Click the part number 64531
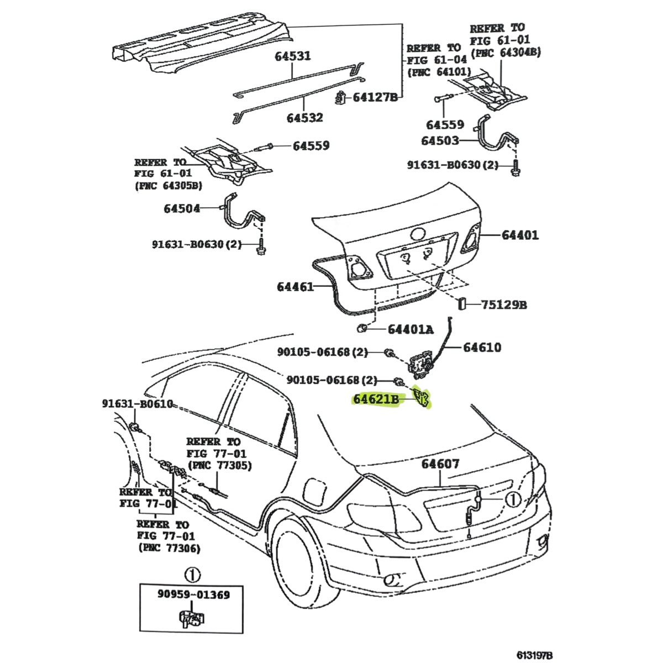pos(293,56)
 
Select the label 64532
pos(304,118)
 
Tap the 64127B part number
pos(375,97)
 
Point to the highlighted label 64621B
pos(376,398)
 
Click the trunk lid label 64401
pos(520,235)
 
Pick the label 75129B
pos(503,304)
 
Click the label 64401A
pos(410,329)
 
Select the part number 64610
pos(482,347)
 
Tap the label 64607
pos(440,464)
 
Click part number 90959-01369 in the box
pos(193,594)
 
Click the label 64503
pos(440,140)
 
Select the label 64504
pos(182,208)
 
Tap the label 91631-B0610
pos(138,404)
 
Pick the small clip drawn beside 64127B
pos(341,97)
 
